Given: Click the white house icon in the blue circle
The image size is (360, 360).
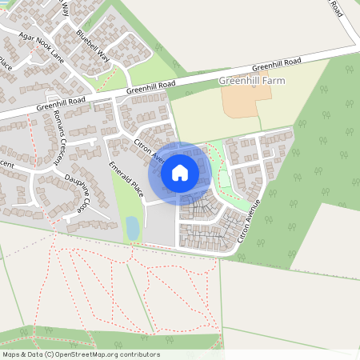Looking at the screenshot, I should coord(180,172).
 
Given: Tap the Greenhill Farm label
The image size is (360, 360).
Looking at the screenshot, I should coord(251,81).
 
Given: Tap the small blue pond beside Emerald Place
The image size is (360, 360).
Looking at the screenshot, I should coord(132,229).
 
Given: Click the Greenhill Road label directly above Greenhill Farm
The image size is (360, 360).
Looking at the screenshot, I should coord(277,64).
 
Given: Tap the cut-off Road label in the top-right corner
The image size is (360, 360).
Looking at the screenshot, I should coord(336,8).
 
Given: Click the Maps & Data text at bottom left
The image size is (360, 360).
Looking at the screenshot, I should coord(20,354).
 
